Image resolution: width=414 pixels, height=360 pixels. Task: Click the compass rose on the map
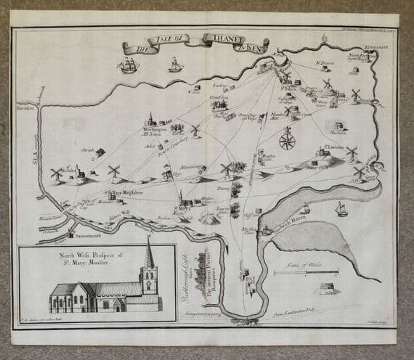click(287, 137)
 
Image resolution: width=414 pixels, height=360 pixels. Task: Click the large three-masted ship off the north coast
click(129, 65)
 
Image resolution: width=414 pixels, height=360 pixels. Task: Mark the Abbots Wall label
click(119, 215)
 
